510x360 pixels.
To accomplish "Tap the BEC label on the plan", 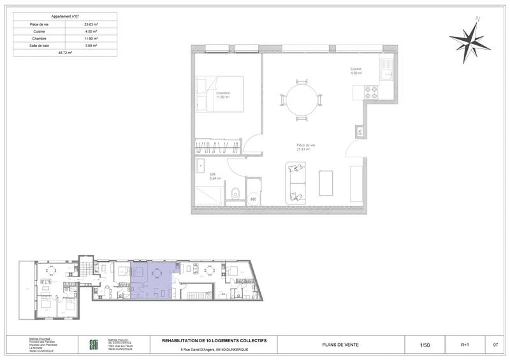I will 253,199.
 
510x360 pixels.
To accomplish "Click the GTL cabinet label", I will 360,133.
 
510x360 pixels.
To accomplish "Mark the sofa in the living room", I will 295,182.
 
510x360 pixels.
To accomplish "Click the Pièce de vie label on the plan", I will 306,146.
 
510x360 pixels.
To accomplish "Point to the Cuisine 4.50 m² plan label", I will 356,71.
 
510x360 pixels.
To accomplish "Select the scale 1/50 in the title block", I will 425,345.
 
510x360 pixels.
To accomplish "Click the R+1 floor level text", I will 464,345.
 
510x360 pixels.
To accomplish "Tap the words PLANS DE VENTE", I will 341,345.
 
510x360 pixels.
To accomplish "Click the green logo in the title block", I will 93,345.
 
